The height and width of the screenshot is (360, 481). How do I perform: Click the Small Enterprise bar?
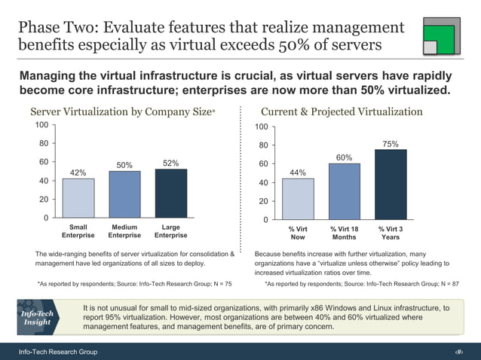(78, 198)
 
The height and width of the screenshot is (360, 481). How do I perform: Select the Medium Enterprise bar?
(124, 194)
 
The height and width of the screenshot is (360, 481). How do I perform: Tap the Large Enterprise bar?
(170, 194)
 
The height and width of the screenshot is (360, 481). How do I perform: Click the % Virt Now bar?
(298, 199)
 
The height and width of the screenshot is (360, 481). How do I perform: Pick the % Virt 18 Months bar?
(344, 191)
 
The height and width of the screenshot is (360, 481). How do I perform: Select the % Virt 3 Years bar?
(391, 185)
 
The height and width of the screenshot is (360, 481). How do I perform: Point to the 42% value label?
(78, 172)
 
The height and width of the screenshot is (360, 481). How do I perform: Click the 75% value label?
(391, 144)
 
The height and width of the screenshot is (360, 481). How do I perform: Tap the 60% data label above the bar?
(345, 157)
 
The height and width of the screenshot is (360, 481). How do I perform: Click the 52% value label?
(171, 163)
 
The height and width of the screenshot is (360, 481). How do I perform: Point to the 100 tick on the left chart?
(42, 124)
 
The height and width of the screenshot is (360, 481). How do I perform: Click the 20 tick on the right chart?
(262, 201)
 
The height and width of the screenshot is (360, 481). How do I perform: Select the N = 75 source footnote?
(134, 284)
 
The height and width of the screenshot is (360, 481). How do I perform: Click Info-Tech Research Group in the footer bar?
(58, 352)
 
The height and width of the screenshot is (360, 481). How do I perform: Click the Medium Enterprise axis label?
(124, 230)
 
